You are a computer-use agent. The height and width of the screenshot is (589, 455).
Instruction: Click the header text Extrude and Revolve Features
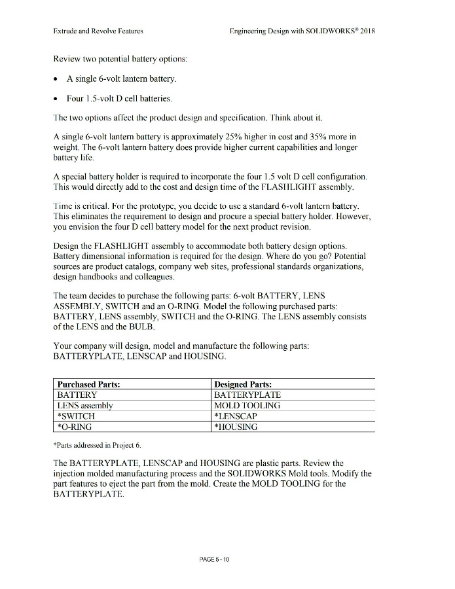98,31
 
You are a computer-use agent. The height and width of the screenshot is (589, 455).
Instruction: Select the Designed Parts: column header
243,384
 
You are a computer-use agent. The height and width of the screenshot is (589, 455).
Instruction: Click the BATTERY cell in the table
77,395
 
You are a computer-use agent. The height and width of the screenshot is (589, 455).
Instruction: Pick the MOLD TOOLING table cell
247,405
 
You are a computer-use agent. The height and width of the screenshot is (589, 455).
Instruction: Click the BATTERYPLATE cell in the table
247,395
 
